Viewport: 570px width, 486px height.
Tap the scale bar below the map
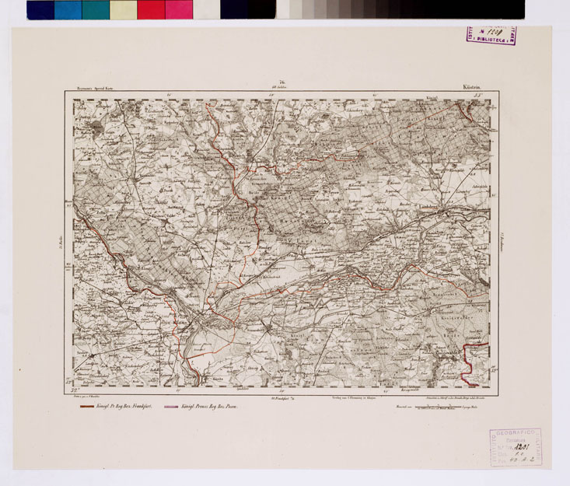(x=444, y=404)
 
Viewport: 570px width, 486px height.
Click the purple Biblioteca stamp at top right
(x=491, y=34)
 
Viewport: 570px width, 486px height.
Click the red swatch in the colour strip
(x=150, y=9)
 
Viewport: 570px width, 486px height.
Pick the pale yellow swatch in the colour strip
(x=123, y=9)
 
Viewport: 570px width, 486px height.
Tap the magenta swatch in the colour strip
(x=178, y=9)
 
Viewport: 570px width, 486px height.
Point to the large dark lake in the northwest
(x=95, y=124)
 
